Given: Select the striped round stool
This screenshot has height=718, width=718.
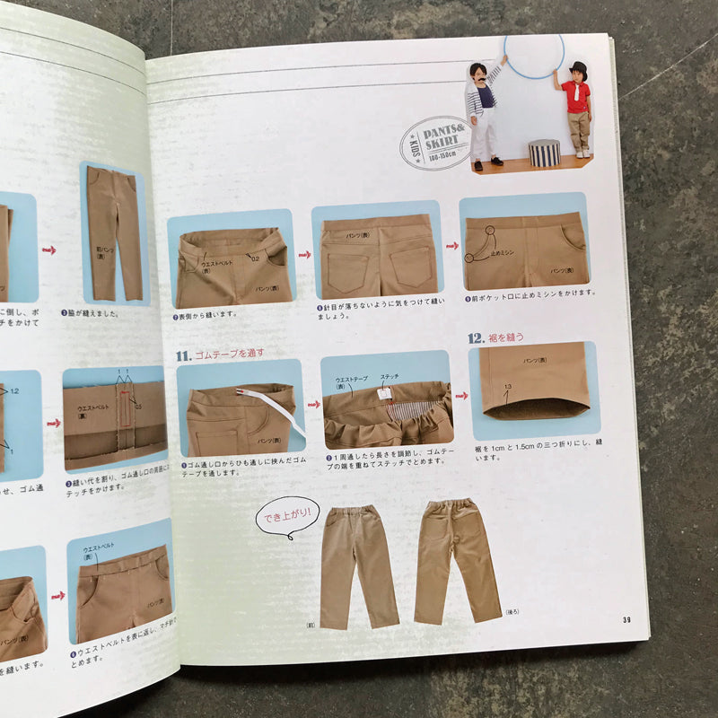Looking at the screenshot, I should [x=544, y=153].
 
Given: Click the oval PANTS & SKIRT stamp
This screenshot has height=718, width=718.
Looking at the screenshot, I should [x=435, y=142].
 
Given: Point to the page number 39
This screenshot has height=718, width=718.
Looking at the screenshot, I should [x=626, y=618].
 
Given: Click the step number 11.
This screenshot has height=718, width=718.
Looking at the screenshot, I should [x=183, y=356].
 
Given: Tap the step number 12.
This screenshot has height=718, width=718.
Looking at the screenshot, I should [x=476, y=338].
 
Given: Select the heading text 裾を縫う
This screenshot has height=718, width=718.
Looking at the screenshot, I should [x=508, y=337].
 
